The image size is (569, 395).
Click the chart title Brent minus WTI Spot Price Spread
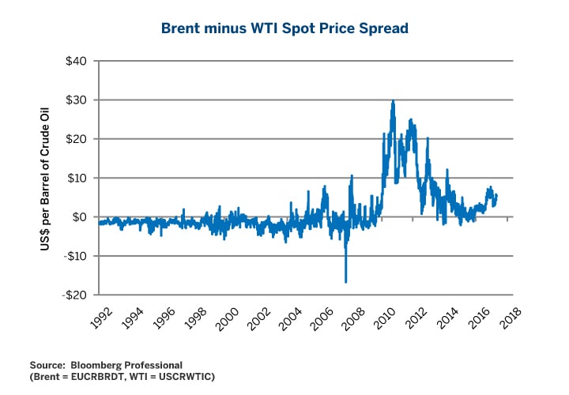[284, 28]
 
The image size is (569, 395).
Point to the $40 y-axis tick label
[76, 61]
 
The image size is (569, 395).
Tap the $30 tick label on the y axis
[76, 100]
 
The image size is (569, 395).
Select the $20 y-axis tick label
[76, 139]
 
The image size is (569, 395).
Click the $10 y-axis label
[76, 179]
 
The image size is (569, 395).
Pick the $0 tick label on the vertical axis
[78, 217]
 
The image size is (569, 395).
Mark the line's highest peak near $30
[393, 101]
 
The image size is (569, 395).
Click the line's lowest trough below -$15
[345, 281]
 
